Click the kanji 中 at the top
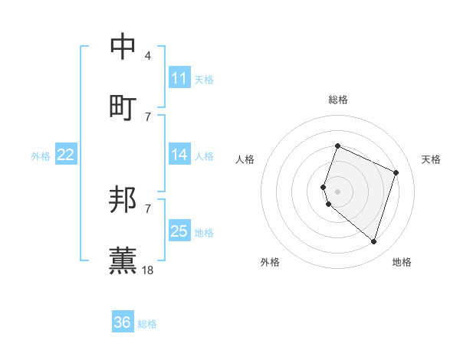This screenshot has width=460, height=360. [x=123, y=47]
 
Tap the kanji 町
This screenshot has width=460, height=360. [x=123, y=106]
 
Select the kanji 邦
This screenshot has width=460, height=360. [x=123, y=200]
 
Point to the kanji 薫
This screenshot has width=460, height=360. [x=123, y=260]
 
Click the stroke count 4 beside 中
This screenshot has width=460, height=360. [x=148, y=56]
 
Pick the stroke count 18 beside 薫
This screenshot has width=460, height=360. [x=148, y=269]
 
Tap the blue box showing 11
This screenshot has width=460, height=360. [x=179, y=78]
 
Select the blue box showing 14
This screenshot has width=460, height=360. [x=179, y=155]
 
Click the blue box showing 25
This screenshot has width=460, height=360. [x=179, y=231]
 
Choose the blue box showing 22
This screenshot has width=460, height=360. [x=66, y=155]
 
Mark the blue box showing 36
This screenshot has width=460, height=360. [x=123, y=322]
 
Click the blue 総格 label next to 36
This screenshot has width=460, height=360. [x=147, y=324]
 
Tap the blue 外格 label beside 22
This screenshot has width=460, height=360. [x=41, y=156]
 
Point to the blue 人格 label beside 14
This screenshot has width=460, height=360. [x=204, y=156]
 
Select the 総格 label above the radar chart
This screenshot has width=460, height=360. [x=338, y=100]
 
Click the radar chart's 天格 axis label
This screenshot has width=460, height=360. [x=431, y=159]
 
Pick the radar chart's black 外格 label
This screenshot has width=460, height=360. [x=270, y=262]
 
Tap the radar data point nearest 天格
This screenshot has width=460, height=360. [x=396, y=172]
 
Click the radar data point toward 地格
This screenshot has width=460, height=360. [x=374, y=241]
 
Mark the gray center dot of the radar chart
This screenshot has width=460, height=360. [x=338, y=191]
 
